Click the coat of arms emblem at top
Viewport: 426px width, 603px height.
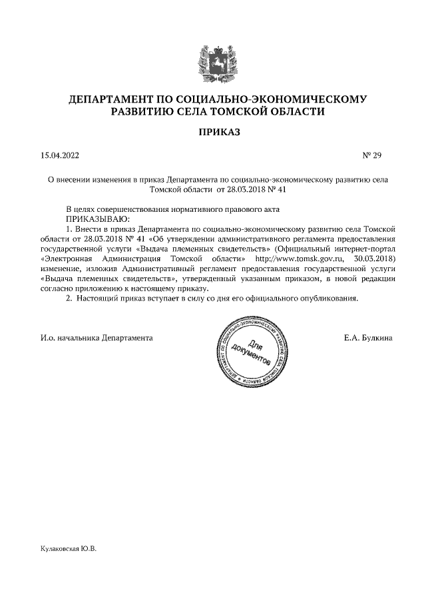(212, 62)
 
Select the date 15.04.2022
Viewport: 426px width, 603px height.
(59, 156)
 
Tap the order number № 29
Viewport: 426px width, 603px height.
(371, 156)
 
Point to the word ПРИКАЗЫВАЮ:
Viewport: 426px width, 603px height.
(97, 219)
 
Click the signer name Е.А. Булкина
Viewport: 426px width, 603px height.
(367, 338)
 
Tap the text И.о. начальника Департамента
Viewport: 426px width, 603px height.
(97, 338)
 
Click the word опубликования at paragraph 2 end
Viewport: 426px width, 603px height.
(327, 299)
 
